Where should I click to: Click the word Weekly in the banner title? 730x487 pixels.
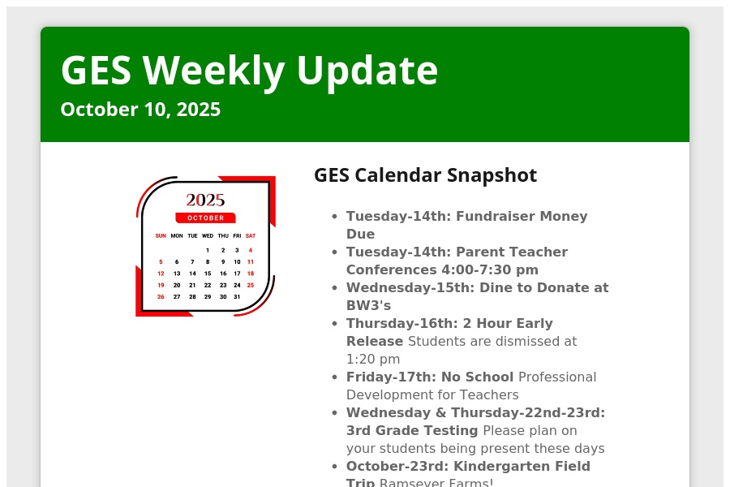pyautogui.click(x=213, y=71)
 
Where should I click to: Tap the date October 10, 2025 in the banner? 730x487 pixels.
pyautogui.click(x=140, y=110)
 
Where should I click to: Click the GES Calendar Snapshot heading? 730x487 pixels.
pyautogui.click(x=426, y=175)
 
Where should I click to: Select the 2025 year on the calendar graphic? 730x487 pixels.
pyautogui.click(x=205, y=200)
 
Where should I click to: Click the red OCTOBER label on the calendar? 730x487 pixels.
pyautogui.click(x=205, y=218)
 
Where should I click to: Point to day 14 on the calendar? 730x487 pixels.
pyautogui.click(x=192, y=274)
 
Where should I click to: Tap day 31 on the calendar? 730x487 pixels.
pyautogui.click(x=237, y=297)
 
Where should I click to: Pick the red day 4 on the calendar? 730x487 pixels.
pyautogui.click(x=251, y=250)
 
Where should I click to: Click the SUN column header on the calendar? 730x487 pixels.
pyautogui.click(x=161, y=236)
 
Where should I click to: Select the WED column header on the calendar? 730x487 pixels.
pyautogui.click(x=208, y=236)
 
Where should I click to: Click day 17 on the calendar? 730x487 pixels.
pyautogui.click(x=237, y=274)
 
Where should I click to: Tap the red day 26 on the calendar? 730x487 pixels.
pyautogui.click(x=161, y=297)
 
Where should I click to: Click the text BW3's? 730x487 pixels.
pyautogui.click(x=368, y=306)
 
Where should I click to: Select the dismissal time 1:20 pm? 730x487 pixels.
pyautogui.click(x=373, y=360)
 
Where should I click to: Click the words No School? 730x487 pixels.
pyautogui.click(x=477, y=377)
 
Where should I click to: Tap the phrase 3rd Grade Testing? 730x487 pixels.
pyautogui.click(x=412, y=431)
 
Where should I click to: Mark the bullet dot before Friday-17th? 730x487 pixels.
pyautogui.click(x=334, y=377)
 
